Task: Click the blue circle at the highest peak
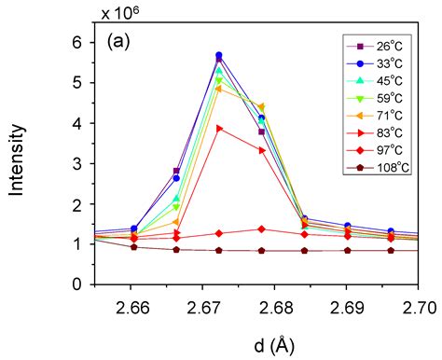[219, 55]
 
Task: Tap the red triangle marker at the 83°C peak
[219, 128]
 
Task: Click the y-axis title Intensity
[17, 167]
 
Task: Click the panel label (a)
[123, 42]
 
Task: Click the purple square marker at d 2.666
[176, 172]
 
